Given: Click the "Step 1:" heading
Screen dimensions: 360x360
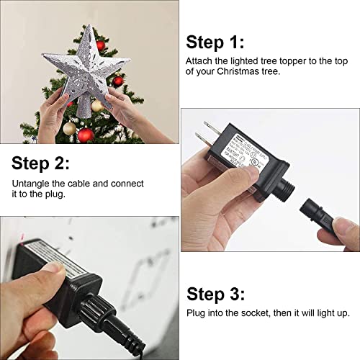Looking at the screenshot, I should (x=214, y=41).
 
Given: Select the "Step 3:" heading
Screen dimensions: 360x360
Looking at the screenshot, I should (x=215, y=294).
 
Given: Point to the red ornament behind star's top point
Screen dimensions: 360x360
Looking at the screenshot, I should (x=102, y=45).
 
